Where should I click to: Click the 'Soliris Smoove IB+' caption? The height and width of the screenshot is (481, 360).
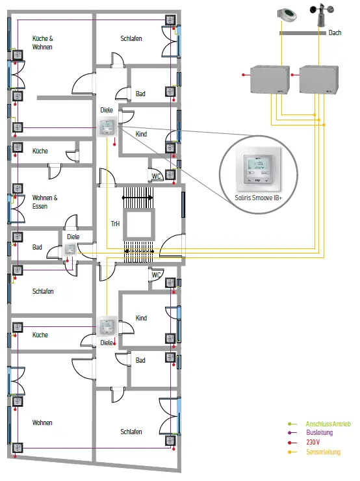point(258,198)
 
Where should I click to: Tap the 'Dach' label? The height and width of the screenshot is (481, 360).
point(335,32)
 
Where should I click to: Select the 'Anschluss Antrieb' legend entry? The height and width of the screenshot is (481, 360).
point(328,424)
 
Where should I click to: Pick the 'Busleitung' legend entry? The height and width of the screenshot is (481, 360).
point(320,432)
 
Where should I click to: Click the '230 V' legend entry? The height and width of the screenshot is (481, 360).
point(313,442)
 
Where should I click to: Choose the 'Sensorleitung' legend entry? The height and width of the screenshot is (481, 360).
point(323,452)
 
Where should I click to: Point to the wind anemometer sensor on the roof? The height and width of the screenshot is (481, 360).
point(322,16)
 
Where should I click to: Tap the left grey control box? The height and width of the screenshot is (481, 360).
point(270,79)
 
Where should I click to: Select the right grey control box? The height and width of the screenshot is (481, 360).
point(319,79)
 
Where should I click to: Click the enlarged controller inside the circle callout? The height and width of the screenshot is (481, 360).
point(258,170)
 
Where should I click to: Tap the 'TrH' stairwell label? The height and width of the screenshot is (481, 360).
point(115,224)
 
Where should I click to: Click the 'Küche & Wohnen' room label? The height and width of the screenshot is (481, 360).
point(43,43)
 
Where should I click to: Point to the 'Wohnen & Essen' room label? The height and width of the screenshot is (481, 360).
point(45,202)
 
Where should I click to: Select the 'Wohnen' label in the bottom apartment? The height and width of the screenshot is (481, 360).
point(42,422)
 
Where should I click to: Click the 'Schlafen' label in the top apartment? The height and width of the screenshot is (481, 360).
point(131,38)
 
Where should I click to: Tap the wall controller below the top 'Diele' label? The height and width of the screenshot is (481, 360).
point(107,127)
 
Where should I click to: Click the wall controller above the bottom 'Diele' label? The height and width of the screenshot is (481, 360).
point(107,326)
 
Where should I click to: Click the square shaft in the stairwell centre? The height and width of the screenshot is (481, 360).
point(139,224)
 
